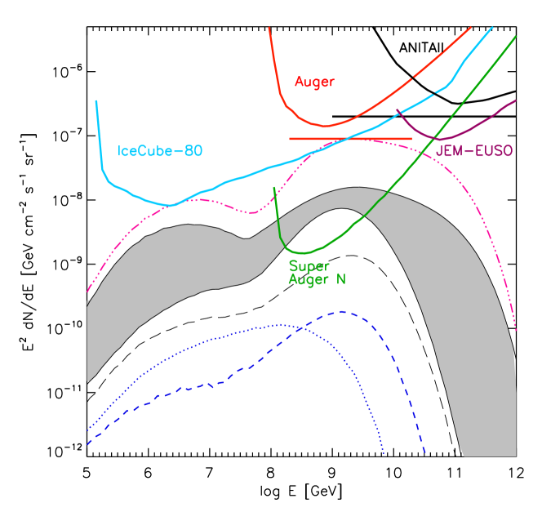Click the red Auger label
tap(314, 82)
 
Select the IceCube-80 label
tap(160, 151)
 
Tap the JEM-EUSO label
tap(473, 151)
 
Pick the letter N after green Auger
tap(341, 279)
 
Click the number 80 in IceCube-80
tap(192, 151)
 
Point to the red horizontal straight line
tap(351, 139)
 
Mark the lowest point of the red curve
tap(326, 127)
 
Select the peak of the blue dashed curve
tap(342, 311)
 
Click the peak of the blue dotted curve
tap(280, 324)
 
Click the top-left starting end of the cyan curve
tap(96, 101)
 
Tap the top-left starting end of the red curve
tap(269, 28)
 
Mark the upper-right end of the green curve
tap(516, 36)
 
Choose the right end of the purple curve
tap(516, 100)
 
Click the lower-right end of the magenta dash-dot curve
tap(517, 332)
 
